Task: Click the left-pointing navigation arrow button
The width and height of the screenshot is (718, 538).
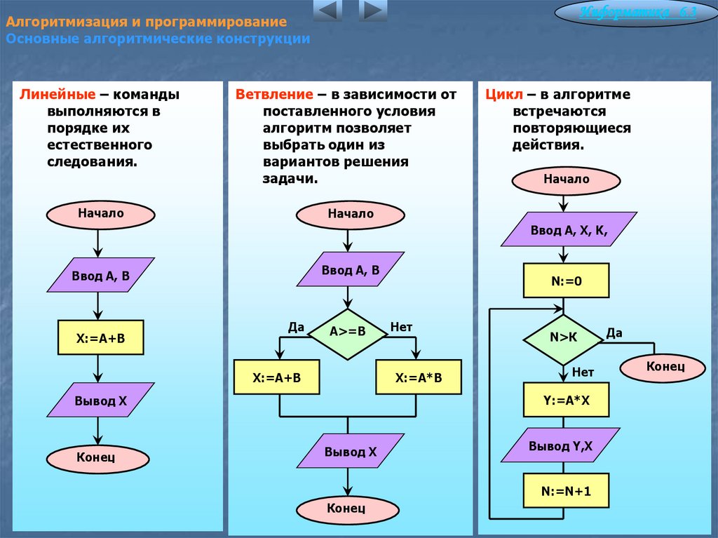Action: click(327, 10)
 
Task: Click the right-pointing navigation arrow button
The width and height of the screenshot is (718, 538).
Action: click(373, 10)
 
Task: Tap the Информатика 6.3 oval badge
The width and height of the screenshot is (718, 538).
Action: click(636, 13)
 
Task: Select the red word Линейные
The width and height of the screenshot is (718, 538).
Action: click(57, 95)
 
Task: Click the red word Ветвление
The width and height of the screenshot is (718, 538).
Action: click(274, 95)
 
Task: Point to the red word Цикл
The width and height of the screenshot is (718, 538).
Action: click(503, 95)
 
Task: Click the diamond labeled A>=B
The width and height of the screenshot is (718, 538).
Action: click(348, 334)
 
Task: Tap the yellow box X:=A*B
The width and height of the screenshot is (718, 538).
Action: click(419, 377)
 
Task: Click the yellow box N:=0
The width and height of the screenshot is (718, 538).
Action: click(567, 281)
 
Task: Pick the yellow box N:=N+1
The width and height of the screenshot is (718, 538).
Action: click(567, 491)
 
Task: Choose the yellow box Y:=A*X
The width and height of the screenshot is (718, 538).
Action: click(567, 400)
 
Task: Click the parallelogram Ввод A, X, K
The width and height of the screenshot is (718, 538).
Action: click(569, 229)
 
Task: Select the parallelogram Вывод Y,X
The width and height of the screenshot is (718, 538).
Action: click(560, 445)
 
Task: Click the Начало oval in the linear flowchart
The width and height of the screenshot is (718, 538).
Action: click(101, 214)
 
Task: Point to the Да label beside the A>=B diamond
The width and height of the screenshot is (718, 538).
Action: click(297, 327)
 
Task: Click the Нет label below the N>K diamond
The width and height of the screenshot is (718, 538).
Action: click(583, 372)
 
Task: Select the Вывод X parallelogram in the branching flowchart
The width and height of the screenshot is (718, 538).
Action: click(351, 451)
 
